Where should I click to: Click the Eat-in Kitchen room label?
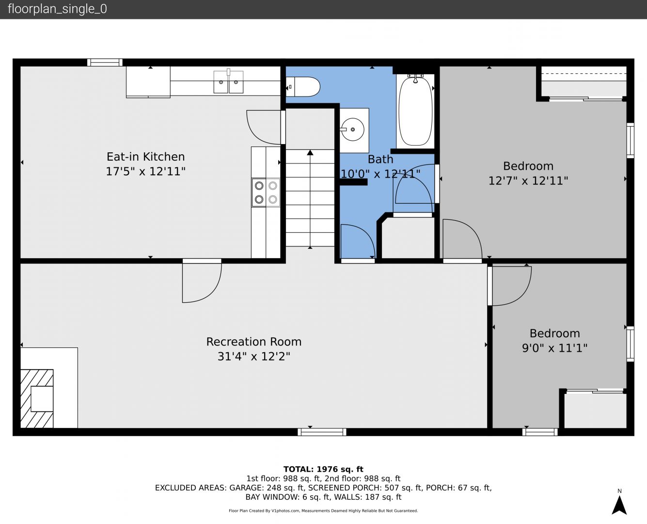click(145, 157)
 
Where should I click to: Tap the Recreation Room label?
click(254, 342)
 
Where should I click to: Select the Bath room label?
click(380, 159)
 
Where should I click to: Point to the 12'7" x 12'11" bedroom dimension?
click(528, 180)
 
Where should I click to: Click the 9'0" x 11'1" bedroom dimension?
click(554, 347)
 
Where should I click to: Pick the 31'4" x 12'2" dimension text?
click(254, 356)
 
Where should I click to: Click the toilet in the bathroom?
click(303, 87)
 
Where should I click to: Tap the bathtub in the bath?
click(415, 111)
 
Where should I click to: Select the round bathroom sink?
click(353, 130)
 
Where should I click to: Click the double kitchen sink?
click(228, 82)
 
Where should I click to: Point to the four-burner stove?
click(266, 193)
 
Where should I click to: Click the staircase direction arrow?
click(310, 199)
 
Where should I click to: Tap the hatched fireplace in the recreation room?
click(37, 399)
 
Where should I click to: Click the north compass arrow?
click(619, 505)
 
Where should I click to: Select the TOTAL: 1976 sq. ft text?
click(323, 469)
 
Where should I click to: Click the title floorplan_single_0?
click(57, 9)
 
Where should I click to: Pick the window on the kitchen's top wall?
click(105, 62)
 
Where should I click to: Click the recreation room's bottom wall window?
click(322, 432)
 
